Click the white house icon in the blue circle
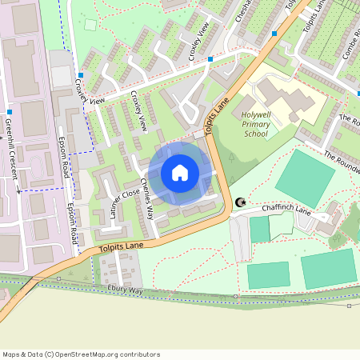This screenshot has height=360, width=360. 180,173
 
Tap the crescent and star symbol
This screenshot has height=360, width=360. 238,204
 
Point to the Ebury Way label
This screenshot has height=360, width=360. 125,290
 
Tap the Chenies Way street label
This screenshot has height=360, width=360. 146,198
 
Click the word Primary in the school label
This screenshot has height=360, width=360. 255,125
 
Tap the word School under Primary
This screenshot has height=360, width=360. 255,134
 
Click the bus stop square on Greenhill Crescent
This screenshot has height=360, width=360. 9,112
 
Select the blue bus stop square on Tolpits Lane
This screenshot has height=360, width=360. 274,34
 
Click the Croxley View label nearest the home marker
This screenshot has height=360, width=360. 137,111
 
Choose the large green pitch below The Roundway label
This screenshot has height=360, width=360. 305,178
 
